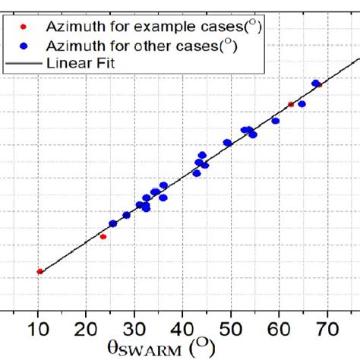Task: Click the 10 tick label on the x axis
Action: pos(39,330)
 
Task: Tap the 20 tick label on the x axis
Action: pos(87,330)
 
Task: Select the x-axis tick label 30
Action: pos(134,330)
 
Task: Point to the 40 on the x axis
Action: pos(183,330)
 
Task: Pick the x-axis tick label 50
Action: pos(231,330)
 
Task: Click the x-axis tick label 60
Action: pos(279,330)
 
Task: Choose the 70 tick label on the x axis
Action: pos(327,330)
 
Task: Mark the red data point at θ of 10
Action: pos(39,271)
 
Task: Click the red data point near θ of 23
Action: pos(103,237)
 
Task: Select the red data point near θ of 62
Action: pos(291,104)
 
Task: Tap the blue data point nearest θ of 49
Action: pos(227,143)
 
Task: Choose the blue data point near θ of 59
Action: pos(276,121)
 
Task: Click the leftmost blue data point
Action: pos(113,223)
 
